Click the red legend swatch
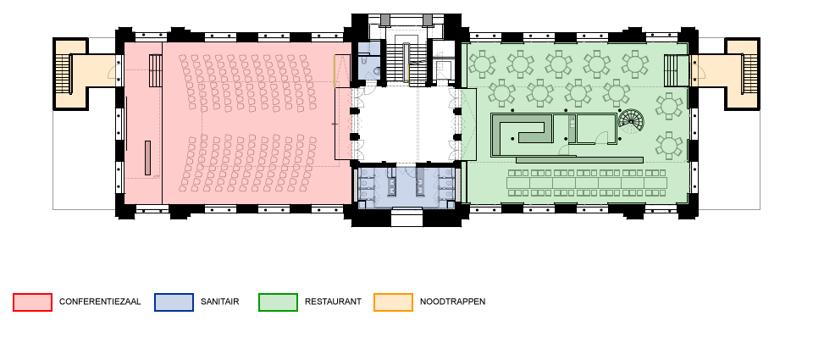pyautogui.click(x=32, y=302)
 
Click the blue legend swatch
pyautogui.click(x=174, y=302)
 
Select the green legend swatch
pyautogui.click(x=278, y=302)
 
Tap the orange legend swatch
pyautogui.click(x=393, y=302)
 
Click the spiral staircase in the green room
pyautogui.click(x=631, y=122)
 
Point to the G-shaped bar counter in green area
pyautogui.click(x=520, y=130)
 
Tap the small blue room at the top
pyautogui.click(x=368, y=62)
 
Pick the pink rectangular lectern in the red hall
pyautogui.click(x=147, y=158)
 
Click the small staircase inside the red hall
pyautogui.click(x=155, y=70)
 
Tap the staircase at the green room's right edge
pyautogui.click(x=676, y=70)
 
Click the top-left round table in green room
pyautogui.click(x=482, y=64)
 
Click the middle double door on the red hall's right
pyautogui.click(x=356, y=124)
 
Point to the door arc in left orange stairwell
pyautogui.click(x=111, y=73)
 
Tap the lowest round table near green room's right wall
pyautogui.click(x=669, y=145)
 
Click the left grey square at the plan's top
pyautogui.click(x=385, y=19)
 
